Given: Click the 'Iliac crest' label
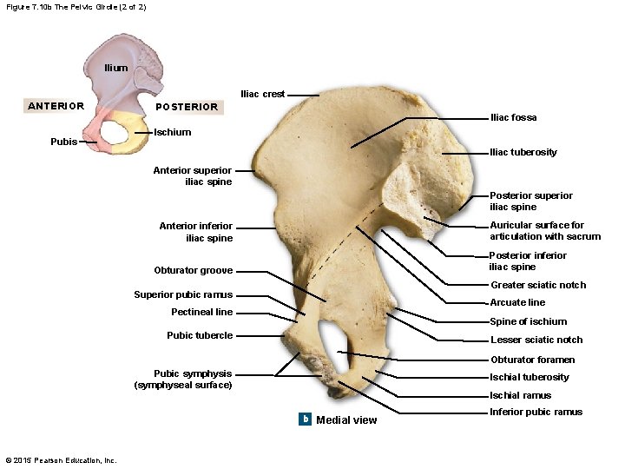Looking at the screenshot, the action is point(262,94).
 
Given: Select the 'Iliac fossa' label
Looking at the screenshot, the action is point(513,117).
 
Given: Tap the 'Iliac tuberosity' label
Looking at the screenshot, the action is point(523,152).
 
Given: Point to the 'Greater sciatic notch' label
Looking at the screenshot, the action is point(538,285).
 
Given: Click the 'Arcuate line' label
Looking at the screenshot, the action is point(517,302).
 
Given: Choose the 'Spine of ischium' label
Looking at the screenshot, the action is point(529,321).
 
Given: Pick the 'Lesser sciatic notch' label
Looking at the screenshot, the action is point(536,340).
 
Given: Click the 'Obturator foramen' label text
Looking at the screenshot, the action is point(532,360).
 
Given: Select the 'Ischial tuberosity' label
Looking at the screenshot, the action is point(530,377).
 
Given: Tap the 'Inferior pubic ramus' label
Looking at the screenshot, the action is point(536,412).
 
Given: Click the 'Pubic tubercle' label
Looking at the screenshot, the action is point(200,335).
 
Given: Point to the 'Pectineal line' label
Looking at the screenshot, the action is point(201,312).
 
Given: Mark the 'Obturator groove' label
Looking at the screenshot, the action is point(193,270).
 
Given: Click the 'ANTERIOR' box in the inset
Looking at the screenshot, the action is point(56,106).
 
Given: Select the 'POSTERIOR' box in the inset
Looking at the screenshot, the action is point(186,107).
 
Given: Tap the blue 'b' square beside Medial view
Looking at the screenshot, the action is point(305,419).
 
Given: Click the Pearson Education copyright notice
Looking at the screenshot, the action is point(61,459).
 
